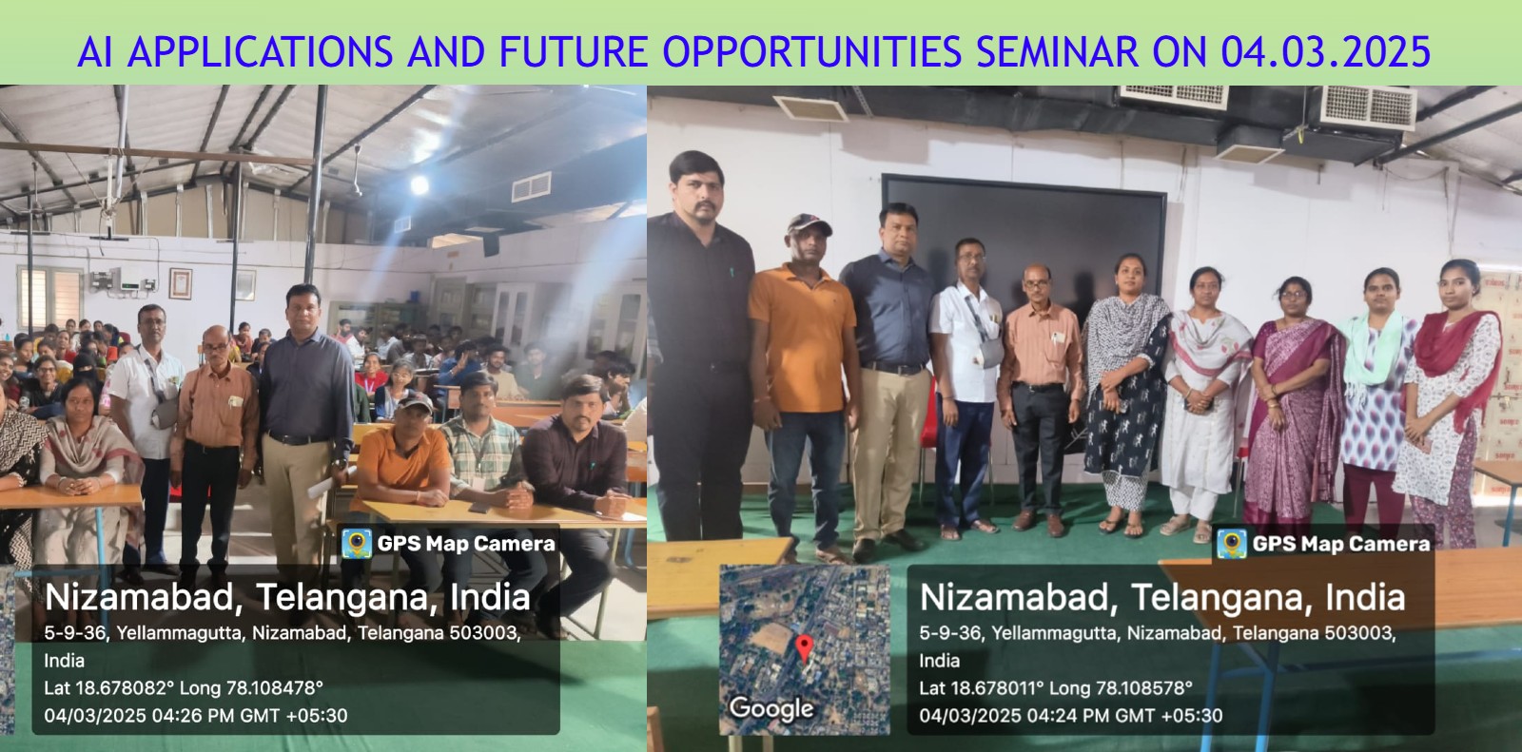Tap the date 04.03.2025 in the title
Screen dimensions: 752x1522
(1325, 51)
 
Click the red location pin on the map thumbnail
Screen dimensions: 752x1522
(804, 648)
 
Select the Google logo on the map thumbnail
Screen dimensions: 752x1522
(771, 708)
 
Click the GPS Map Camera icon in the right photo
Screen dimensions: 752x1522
(1231, 544)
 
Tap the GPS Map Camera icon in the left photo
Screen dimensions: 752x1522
(357, 544)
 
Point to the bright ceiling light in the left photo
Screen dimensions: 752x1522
(419, 183)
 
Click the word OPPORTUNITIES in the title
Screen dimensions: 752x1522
(811, 51)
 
